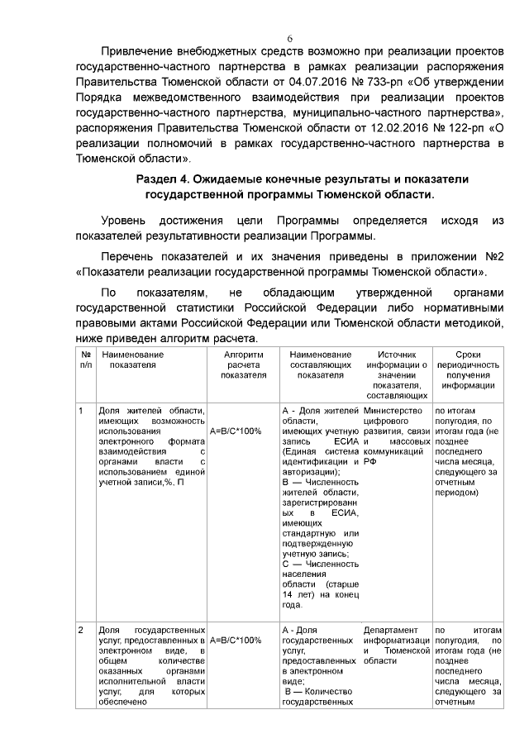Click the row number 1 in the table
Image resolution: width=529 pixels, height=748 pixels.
pyautogui.click(x=81, y=410)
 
